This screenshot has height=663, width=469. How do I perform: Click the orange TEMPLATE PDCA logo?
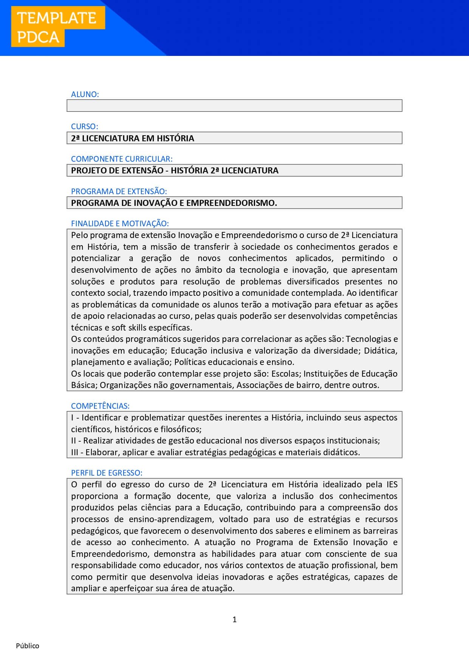57,27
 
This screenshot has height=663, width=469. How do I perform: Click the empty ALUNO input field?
234,106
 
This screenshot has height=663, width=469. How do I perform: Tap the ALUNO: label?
85,94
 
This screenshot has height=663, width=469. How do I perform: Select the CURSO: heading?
85,127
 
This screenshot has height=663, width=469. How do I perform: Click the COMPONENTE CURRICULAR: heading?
122,159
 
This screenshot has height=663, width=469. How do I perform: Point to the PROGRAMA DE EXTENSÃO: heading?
119,191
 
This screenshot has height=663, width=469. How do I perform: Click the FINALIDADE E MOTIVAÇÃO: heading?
120,224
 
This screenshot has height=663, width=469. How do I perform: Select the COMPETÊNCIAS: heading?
100,406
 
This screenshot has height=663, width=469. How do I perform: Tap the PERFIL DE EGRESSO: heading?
107,473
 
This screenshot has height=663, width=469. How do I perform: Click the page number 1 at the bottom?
234,620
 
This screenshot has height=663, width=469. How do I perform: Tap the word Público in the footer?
28,646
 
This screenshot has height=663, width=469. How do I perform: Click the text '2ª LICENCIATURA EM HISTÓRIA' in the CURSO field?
133,138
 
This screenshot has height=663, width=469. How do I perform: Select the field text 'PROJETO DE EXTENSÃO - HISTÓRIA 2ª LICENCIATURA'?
175,170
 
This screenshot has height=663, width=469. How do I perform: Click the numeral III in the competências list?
74,453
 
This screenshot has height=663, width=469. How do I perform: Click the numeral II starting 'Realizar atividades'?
73,441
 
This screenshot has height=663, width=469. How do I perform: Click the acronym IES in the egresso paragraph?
392,485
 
